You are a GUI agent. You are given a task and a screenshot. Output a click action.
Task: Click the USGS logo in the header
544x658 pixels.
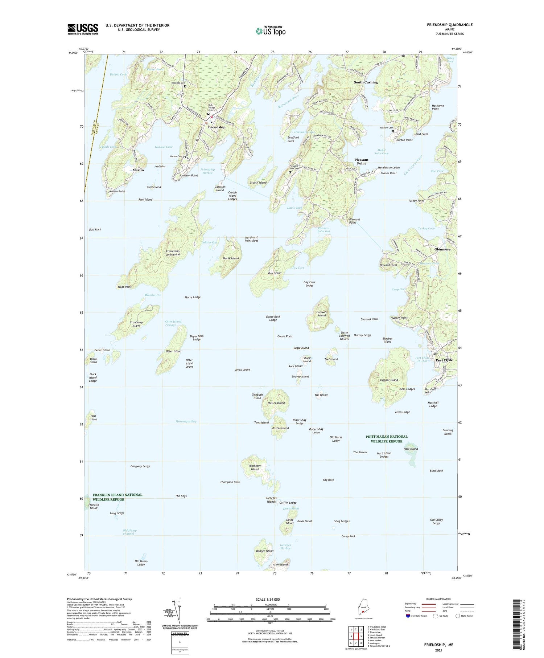coord(83,29)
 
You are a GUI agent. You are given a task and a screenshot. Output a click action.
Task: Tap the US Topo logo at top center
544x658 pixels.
coord(270,31)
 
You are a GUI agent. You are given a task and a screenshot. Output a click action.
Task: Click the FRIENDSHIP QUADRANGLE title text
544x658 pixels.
coord(449,25)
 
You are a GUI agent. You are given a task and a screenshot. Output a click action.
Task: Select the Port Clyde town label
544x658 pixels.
coord(444,360)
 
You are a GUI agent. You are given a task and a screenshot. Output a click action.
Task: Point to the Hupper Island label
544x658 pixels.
coord(389,380)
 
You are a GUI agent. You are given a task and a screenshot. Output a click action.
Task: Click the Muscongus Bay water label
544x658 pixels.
coord(186,421)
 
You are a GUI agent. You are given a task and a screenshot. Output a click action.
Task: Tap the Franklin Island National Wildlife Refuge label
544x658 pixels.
coord(117,497)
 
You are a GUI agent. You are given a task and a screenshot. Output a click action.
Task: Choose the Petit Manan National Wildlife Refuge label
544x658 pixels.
coord(386,439)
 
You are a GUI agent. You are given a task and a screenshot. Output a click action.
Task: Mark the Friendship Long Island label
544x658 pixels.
coord(173,253)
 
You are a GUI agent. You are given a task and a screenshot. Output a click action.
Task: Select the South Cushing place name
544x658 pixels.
coord(366,82)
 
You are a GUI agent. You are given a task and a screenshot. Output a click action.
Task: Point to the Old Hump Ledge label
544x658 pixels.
coord(141,563)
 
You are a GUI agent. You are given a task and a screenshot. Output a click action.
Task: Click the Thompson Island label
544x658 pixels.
coord(255,467)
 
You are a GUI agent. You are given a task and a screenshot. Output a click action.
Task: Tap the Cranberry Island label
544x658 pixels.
coord(136,324)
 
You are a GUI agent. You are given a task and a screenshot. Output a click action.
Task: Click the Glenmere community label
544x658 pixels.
coord(442,249)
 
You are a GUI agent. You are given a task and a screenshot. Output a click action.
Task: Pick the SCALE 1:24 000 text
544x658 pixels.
coord(270,599)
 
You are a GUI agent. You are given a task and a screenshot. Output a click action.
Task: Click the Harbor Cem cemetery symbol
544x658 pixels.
coord(184,158)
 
